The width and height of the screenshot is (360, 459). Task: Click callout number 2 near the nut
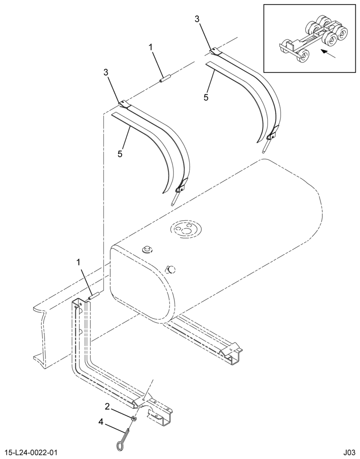click(x=107, y=406)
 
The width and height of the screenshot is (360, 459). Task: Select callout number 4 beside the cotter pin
click(x=101, y=422)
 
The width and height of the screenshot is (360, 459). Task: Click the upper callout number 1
click(x=151, y=47)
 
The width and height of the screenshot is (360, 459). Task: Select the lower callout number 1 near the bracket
click(x=78, y=262)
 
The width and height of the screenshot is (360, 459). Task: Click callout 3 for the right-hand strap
click(x=197, y=19)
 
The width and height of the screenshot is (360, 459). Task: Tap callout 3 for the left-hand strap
click(x=106, y=73)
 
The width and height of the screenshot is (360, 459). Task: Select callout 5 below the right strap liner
click(x=206, y=97)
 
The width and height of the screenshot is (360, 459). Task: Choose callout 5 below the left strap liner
click(x=120, y=154)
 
